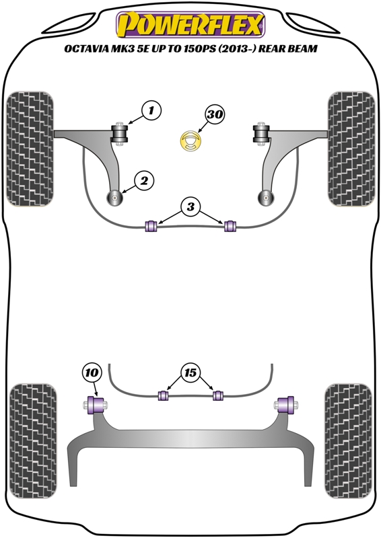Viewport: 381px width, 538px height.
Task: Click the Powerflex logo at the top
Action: coord(190,25)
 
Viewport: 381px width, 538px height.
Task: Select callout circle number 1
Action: coord(151,110)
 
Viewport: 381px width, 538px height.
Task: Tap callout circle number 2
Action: coord(144,180)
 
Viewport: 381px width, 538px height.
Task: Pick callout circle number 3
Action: coord(190,206)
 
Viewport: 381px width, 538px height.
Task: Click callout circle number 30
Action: coord(215,114)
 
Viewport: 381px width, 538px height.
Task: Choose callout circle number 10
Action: coord(92,373)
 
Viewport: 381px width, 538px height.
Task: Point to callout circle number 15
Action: coord(190,373)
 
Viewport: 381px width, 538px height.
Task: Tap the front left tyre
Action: coord(30,149)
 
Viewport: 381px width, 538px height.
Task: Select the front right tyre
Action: coord(351,149)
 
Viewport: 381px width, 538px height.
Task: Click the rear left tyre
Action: coord(33,441)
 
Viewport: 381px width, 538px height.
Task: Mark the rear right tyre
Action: coord(348,441)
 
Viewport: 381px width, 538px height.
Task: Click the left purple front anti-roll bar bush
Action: coord(151,225)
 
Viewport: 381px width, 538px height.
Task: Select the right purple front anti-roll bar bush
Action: coord(230,226)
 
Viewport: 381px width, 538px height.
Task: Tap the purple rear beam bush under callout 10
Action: coord(96,405)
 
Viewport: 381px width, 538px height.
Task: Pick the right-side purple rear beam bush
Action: coord(285,405)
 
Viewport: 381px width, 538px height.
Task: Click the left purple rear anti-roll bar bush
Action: coord(163,395)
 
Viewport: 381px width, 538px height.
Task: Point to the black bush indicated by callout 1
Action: coord(119,134)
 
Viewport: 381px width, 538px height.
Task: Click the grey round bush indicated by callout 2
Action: coord(114,198)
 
